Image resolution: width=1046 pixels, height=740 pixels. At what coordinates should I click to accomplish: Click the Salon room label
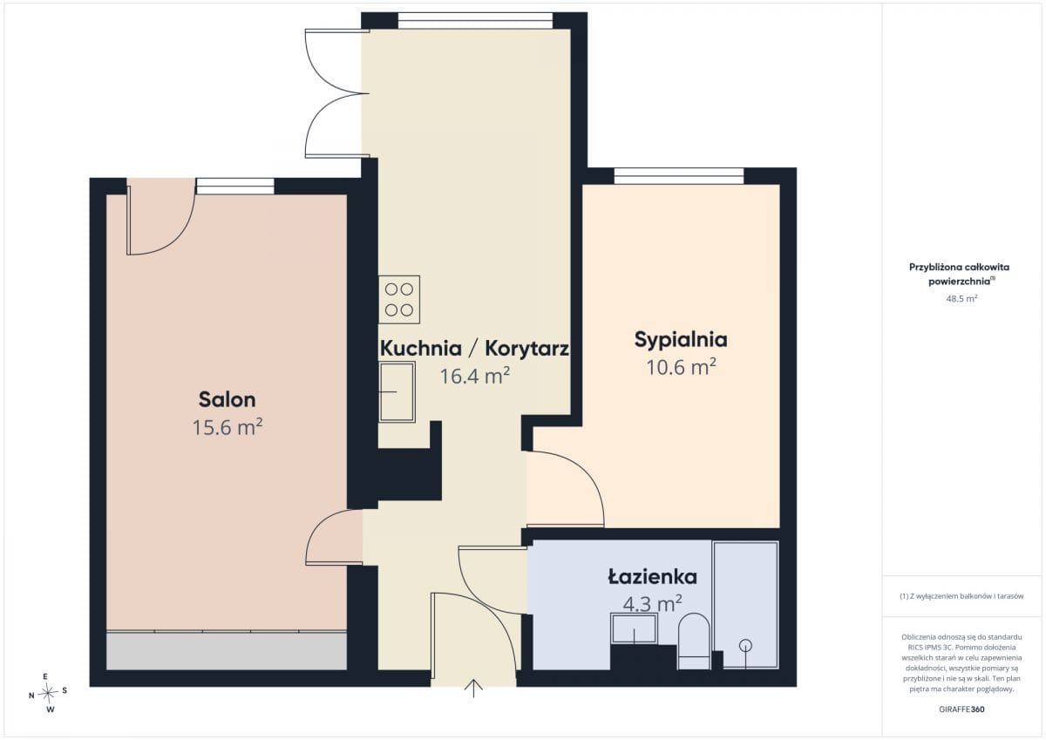coord(227,400)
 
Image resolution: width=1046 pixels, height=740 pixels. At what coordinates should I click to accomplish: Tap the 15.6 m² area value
coord(228,427)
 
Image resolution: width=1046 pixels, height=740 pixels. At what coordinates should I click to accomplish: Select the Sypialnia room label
coord(681,340)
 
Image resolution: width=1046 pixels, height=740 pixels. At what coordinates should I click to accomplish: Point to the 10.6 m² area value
coord(681,367)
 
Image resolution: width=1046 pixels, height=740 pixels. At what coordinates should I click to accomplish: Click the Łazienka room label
coord(652,577)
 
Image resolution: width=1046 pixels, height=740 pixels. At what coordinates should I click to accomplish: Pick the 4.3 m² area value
coord(652,604)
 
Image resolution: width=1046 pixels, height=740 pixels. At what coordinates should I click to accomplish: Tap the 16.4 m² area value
coord(474,376)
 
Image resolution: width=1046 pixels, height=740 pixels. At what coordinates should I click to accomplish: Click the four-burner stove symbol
coord(399,300)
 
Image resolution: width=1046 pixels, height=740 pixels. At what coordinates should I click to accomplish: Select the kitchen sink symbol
coord(397,391)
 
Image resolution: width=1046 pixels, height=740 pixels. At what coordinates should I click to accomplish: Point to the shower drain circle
coord(746,645)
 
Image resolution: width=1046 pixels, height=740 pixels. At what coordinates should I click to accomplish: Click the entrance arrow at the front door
coord(473,688)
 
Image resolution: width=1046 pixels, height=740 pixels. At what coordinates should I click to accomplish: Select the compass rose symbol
coord(48,693)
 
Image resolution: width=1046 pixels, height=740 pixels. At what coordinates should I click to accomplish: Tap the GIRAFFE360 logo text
coord(961,709)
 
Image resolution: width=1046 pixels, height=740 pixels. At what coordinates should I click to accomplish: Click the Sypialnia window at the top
coord(678,176)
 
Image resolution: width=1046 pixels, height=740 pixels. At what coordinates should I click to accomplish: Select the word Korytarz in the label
coord(526,349)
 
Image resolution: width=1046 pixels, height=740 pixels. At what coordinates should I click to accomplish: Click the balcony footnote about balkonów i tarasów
coord(961,596)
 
